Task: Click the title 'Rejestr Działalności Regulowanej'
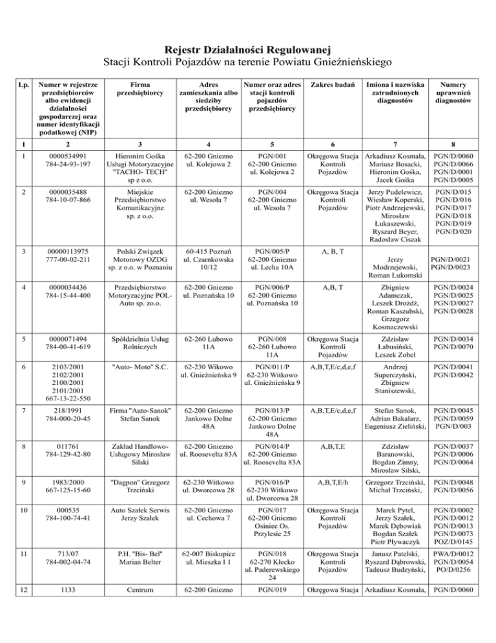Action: [x=248, y=49]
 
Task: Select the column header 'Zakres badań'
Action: [x=331, y=84]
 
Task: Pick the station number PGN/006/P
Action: [x=271, y=291]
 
